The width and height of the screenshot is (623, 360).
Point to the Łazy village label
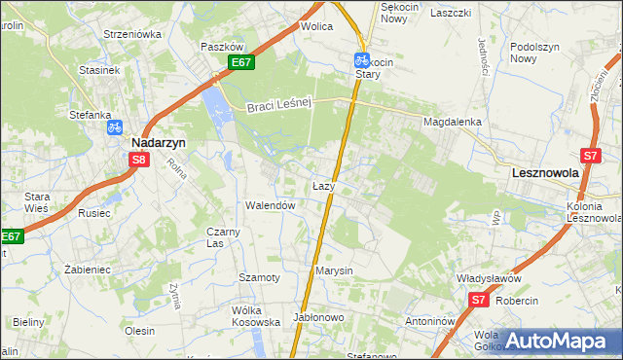324,185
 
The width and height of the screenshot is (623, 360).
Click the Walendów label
270,206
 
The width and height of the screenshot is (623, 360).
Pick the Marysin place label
333,270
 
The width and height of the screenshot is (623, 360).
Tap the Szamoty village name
259,277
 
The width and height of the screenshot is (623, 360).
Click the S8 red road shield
139,161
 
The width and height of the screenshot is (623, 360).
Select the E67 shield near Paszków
242,63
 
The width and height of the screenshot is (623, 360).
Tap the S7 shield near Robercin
477,302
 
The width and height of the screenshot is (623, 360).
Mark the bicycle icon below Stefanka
114,126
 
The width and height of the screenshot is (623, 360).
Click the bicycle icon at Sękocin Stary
361,59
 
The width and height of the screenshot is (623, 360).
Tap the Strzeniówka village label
132,34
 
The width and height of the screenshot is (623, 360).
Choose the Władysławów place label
490,278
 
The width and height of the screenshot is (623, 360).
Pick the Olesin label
140,331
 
